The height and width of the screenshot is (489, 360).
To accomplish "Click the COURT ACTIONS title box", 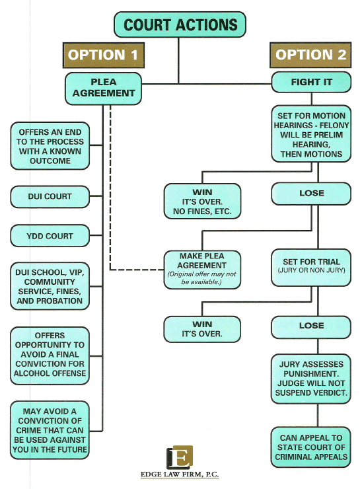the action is [x=180, y=24].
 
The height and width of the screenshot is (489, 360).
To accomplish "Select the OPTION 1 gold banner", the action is [x=104, y=56].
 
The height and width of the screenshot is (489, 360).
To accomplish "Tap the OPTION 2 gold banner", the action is [x=310, y=55].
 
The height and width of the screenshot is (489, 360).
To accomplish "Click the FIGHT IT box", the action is [x=311, y=82].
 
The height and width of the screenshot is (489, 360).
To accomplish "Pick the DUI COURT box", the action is [x=50, y=197].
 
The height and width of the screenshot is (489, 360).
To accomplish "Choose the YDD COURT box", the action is [x=50, y=236].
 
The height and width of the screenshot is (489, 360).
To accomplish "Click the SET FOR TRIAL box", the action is [x=311, y=268].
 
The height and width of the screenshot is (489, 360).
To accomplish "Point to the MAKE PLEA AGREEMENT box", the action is [x=202, y=270].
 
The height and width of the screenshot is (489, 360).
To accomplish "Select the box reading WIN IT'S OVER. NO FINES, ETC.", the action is [x=202, y=201].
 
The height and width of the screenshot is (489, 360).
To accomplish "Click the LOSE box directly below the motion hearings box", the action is [x=311, y=194].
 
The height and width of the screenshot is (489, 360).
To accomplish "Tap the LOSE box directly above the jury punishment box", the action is [x=311, y=327].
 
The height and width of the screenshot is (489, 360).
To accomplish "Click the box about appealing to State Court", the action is [x=311, y=447].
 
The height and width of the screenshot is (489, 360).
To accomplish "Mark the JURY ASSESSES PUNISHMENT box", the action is [x=311, y=379].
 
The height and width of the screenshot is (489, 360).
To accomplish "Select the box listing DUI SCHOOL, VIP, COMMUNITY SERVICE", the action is [x=50, y=286].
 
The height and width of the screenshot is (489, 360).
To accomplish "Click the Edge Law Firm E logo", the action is [x=180, y=457].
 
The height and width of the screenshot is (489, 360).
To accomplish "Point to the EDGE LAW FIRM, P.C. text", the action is [x=180, y=474].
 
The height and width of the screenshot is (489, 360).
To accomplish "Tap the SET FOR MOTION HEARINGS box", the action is [x=311, y=133].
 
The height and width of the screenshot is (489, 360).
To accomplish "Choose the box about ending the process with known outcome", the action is [x=50, y=146].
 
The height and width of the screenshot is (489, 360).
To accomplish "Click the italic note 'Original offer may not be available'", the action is [x=202, y=278].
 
